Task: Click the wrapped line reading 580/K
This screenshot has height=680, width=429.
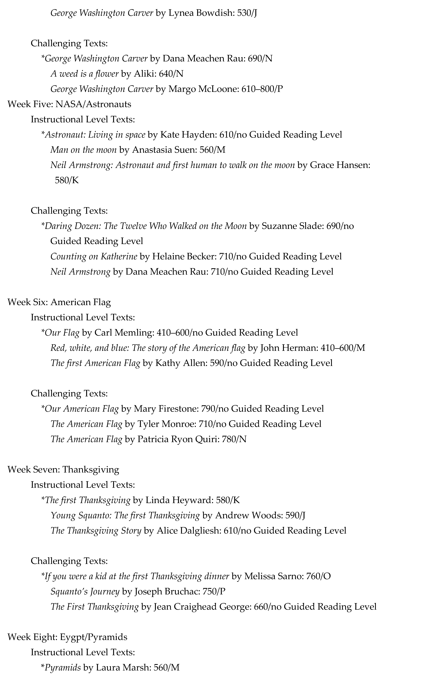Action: [x=67, y=180]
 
